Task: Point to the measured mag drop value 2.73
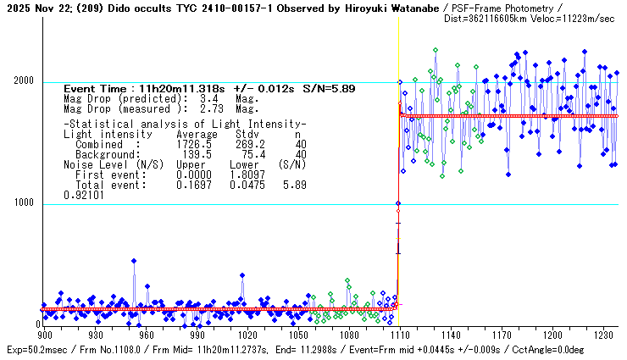pyautogui.click(x=204, y=108)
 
